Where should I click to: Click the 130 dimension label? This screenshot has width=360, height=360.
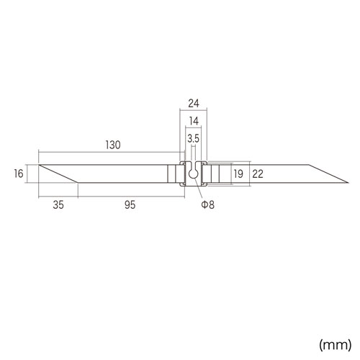(x=113, y=145)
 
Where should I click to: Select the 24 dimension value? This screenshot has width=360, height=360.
(x=194, y=104)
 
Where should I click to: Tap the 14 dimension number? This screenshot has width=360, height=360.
(x=194, y=121)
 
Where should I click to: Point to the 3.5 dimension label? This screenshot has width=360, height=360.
(x=194, y=138)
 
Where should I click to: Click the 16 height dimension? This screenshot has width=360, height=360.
(x=19, y=174)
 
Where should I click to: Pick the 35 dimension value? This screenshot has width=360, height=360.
(x=58, y=204)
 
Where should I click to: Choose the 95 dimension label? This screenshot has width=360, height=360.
(x=130, y=204)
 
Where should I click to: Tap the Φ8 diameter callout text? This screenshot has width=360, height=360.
(x=208, y=204)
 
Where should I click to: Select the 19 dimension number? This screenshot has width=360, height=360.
(x=238, y=174)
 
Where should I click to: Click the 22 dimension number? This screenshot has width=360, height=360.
(x=258, y=174)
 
